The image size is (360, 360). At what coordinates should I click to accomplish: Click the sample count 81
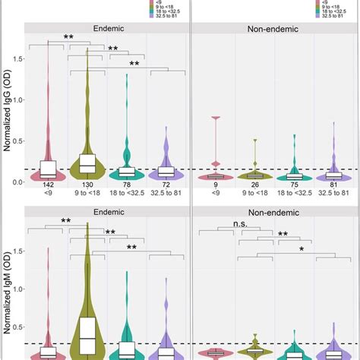click(x=333, y=185)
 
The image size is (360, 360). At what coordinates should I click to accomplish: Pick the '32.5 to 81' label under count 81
click(x=333, y=194)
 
